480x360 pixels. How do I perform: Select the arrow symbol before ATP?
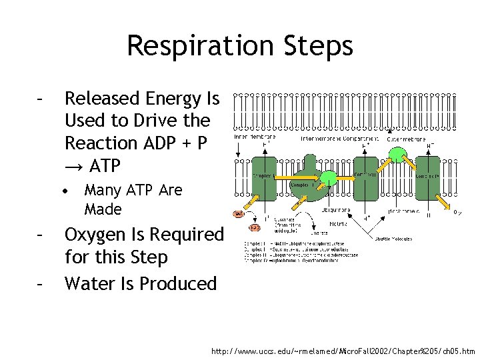pos(73,165)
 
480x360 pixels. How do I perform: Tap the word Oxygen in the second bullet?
pos(102,235)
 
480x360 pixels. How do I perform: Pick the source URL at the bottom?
pos(343,351)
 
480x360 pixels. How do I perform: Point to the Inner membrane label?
pos(254,137)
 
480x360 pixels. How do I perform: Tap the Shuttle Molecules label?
pos(394,239)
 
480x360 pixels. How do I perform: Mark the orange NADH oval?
pos(239,214)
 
